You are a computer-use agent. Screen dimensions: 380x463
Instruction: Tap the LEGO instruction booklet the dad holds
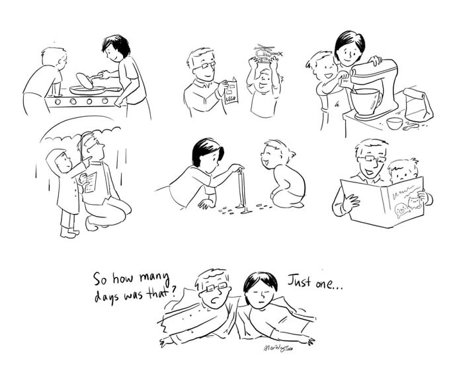pyautogui.click(x=230, y=92)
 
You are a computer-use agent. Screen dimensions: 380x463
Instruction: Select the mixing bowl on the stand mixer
pyautogui.click(x=365, y=100)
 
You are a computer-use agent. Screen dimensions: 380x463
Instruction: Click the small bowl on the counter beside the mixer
pyautogui.click(x=395, y=123)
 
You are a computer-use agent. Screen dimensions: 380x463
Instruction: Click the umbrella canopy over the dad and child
pyautogui.click(x=79, y=133)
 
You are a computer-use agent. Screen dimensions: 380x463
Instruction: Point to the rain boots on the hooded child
pyautogui.click(x=67, y=231)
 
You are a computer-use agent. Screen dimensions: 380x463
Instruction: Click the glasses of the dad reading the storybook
pyautogui.click(x=371, y=159)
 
